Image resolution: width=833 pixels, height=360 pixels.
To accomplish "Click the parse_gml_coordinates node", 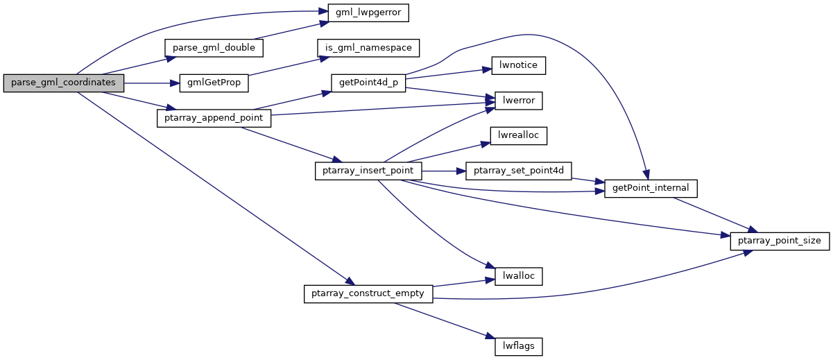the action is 64,83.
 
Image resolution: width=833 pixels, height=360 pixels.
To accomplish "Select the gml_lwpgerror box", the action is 368,13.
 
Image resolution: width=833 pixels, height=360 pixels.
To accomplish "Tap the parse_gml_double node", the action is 214,48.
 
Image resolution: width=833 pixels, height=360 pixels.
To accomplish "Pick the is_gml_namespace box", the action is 368,48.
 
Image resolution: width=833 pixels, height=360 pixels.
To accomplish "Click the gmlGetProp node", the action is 214,83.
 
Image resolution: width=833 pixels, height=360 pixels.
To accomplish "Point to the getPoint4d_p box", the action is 368,83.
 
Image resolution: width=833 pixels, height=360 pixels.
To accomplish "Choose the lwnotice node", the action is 518,65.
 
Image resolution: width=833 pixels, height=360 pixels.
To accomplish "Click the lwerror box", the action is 518,101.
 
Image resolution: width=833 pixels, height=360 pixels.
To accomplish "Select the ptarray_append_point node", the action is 214,118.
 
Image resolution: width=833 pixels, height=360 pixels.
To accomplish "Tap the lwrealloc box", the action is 518,136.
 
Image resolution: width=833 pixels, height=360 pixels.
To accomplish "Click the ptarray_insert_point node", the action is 368,171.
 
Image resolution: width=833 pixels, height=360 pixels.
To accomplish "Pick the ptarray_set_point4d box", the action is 518,171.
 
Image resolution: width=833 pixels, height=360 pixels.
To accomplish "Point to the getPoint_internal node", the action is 651,189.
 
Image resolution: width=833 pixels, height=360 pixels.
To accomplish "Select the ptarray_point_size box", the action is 780,241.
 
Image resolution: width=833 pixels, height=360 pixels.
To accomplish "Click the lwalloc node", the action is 518,276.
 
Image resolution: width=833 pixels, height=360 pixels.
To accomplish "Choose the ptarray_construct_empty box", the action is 368,294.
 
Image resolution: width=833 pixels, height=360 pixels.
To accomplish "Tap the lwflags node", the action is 518,347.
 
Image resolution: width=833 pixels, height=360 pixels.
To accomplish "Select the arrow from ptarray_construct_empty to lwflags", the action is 445,320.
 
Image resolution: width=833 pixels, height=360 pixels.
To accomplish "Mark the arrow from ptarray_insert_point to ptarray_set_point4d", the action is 444,171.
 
